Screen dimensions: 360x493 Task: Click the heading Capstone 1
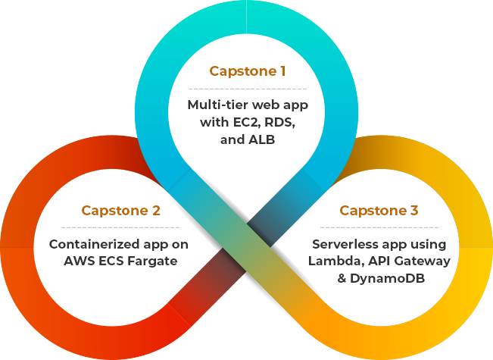click(247, 72)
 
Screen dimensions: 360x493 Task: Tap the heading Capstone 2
click(120, 210)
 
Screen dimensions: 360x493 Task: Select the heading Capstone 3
click(378, 210)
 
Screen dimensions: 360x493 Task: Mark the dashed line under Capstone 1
click(247, 89)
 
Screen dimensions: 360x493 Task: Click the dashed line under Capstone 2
click(120, 227)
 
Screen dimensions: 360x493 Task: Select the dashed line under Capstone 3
click(378, 227)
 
